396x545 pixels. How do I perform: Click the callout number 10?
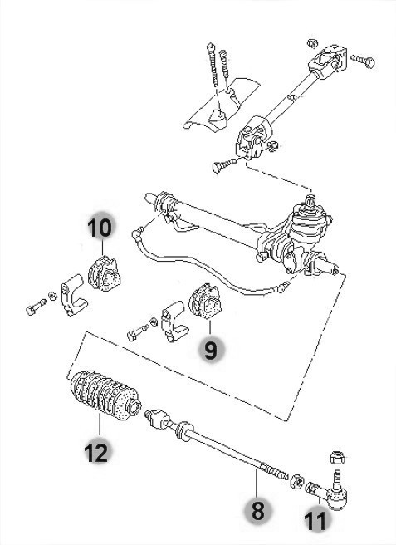point(100,228)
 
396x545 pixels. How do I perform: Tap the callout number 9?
point(211,350)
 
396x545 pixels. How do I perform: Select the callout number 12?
point(96,453)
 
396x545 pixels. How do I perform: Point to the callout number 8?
point(257,511)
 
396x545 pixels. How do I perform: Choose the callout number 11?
point(315,521)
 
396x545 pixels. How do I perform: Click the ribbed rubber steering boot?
point(105,395)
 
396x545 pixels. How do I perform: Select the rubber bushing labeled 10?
point(103,273)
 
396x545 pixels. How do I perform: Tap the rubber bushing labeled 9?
point(204,302)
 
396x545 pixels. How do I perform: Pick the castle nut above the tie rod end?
point(336,457)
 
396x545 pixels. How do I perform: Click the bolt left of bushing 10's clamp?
point(36,307)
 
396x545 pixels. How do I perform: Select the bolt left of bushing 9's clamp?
point(137,332)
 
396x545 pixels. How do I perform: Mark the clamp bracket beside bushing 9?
point(174,322)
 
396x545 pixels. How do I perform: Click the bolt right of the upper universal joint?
point(363,61)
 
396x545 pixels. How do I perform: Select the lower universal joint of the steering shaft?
point(252,138)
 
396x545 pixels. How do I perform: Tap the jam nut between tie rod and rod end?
point(296,481)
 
